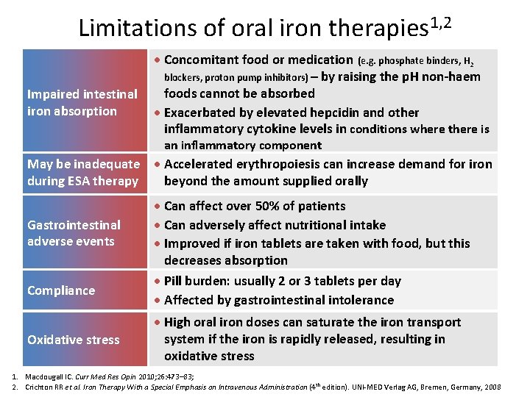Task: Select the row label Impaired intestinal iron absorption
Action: click(82, 103)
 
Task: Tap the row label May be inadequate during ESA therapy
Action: click(82, 172)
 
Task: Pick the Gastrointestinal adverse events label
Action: click(74, 232)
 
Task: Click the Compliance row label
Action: click(61, 290)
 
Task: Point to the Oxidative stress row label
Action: click(73, 340)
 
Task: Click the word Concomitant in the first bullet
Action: click(204, 60)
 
